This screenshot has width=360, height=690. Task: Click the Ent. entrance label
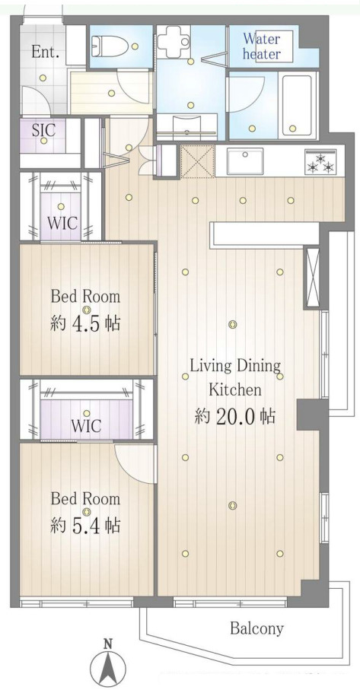[x=46, y=52]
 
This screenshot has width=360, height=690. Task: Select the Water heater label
[x=262, y=46]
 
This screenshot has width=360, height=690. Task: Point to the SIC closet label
[x=43, y=130]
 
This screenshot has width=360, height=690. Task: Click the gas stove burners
[x=320, y=161]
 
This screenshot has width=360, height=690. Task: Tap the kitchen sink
[x=245, y=161]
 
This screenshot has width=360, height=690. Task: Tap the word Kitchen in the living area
[x=234, y=390]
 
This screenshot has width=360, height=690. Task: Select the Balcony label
[x=256, y=629]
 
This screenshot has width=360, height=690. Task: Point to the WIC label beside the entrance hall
[x=62, y=223]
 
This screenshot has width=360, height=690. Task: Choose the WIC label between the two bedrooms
[x=86, y=425]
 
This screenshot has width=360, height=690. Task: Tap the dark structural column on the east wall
[x=312, y=415]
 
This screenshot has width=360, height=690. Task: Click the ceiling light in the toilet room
[x=135, y=46]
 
